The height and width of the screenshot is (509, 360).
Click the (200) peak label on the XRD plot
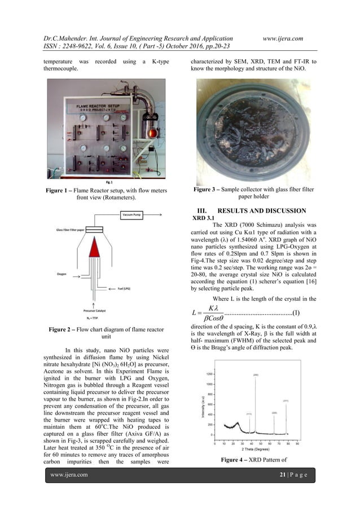tap(255, 375)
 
